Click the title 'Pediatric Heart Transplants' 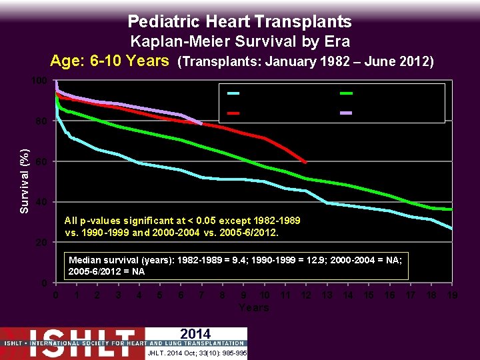[239, 21]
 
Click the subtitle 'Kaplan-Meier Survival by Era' [239, 41]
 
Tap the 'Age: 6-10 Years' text [110, 61]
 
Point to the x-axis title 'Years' [253, 307]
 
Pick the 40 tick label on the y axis [41, 202]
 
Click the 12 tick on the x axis [306, 295]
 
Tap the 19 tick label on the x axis [452, 295]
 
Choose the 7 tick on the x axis [201, 295]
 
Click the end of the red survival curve [305, 163]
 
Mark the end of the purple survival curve [201, 123]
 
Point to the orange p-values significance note [183, 227]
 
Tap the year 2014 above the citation [195, 334]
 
